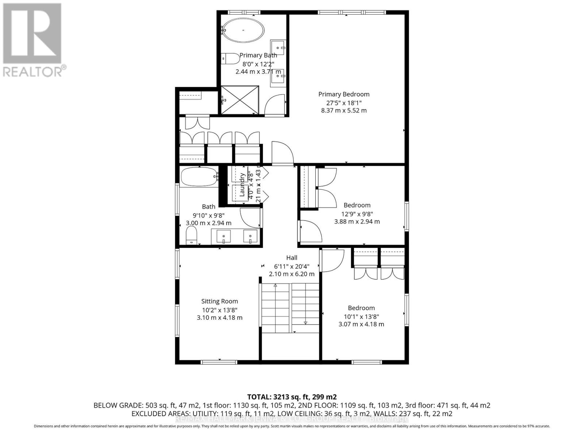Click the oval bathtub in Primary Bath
(x=243, y=30)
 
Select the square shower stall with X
(x=240, y=100)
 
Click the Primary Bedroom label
(x=343, y=94)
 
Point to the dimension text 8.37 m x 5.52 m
(x=343, y=110)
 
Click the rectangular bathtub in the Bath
(x=199, y=177)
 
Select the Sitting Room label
(x=219, y=301)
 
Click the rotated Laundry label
(x=242, y=185)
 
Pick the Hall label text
(x=292, y=258)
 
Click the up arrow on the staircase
(x=275, y=286)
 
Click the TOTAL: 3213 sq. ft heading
(x=292, y=397)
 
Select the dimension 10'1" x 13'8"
(x=361, y=316)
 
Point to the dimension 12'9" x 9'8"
(x=357, y=214)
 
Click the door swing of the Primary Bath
(x=274, y=104)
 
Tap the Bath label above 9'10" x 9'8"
(x=208, y=207)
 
